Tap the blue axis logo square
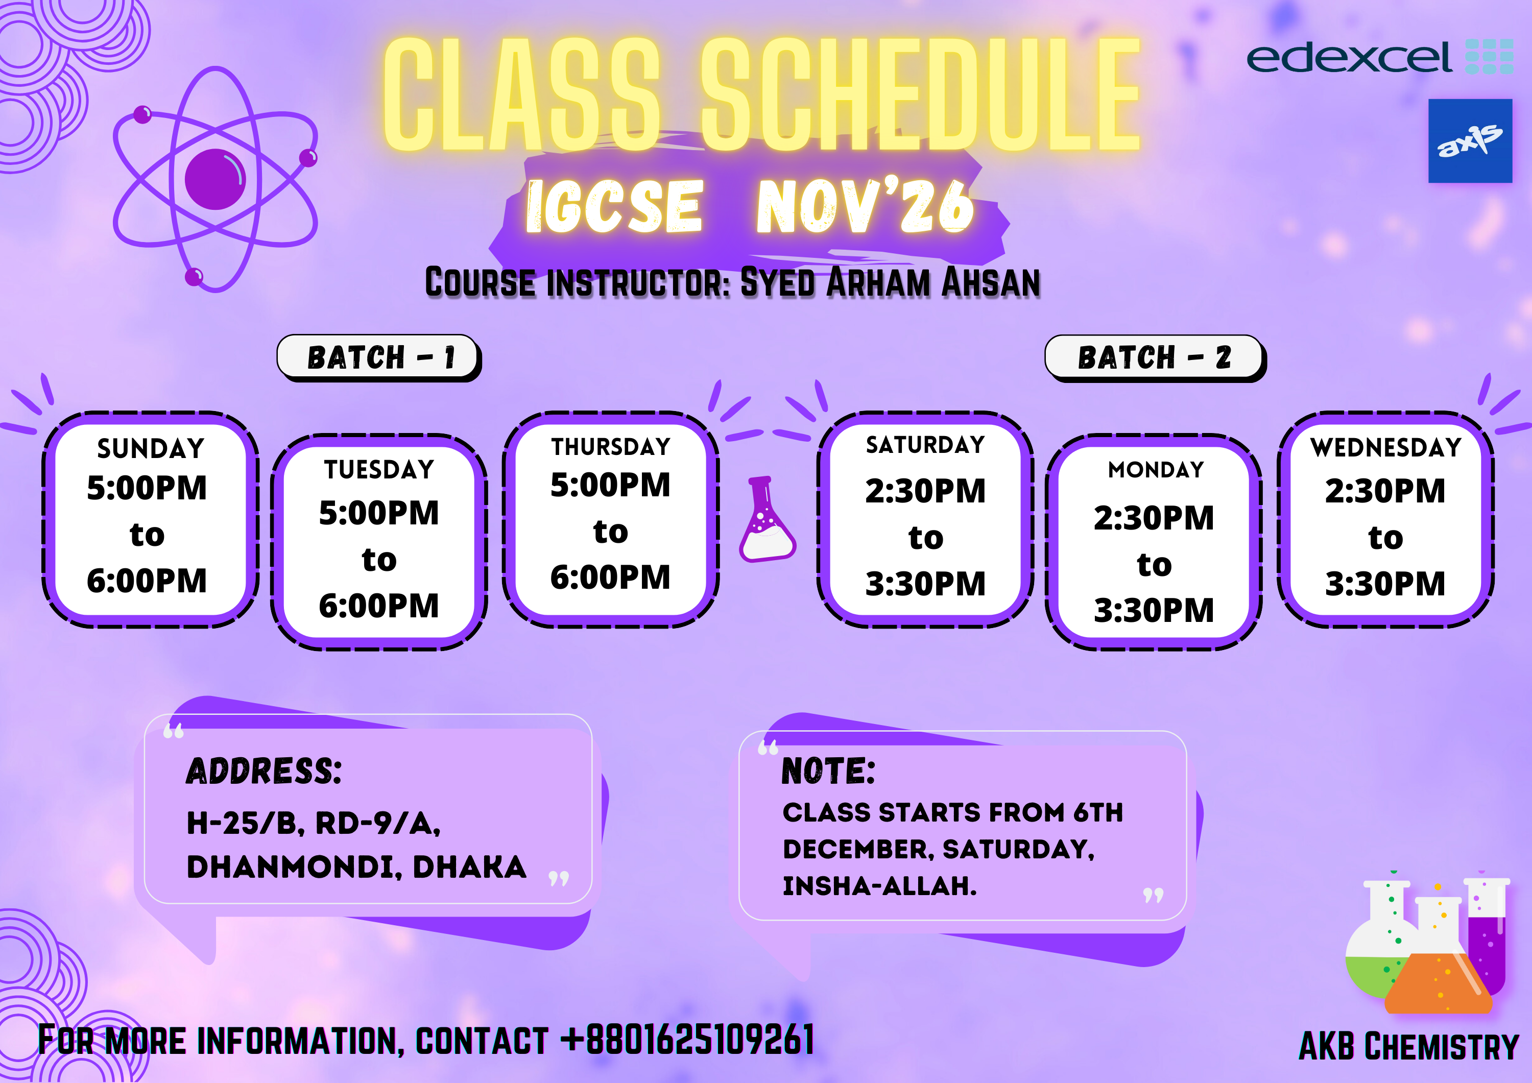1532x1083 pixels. coord(1470,141)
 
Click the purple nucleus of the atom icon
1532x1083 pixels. coord(215,179)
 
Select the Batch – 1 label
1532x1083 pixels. coord(379,357)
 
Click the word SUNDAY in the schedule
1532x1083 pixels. coord(151,448)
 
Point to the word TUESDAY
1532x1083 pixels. coord(379,470)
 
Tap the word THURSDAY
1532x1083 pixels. coord(611,446)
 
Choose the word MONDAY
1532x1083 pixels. coord(1156,470)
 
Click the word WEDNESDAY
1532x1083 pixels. coord(1386,447)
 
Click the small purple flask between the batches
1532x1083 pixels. coord(768,519)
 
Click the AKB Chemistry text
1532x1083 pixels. coord(1408,1046)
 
